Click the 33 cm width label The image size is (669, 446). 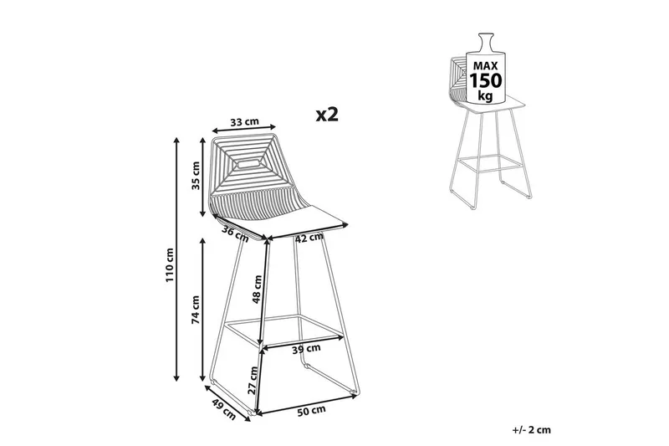pyautogui.click(x=243, y=122)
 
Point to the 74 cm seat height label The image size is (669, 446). pyautogui.click(x=194, y=310)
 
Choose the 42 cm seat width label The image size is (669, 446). pyautogui.click(x=309, y=238)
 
